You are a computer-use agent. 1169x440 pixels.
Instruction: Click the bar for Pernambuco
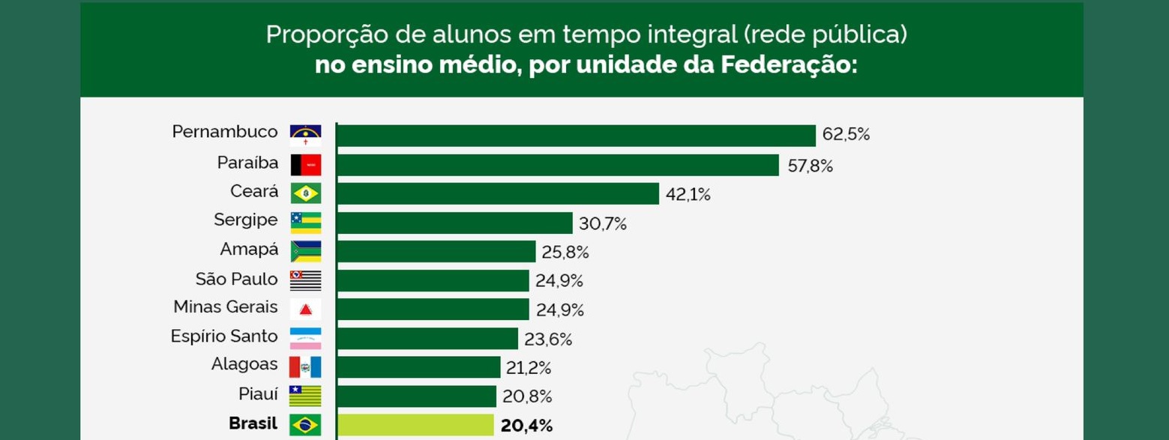tap(576, 136)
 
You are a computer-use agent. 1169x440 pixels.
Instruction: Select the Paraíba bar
tap(558, 165)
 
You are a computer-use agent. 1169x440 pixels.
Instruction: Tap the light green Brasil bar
tap(415, 425)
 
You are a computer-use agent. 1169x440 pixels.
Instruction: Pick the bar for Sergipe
tap(454, 223)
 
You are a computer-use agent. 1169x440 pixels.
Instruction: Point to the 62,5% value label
tap(846, 135)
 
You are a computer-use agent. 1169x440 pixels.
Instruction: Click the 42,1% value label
tap(688, 195)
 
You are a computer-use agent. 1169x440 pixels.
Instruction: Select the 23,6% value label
tap(548, 340)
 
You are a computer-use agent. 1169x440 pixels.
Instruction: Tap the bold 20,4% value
tap(526, 426)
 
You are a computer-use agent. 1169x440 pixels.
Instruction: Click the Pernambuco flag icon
tap(305, 135)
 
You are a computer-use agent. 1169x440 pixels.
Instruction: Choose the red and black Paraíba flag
tap(305, 165)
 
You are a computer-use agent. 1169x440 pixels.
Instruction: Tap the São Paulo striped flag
tap(305, 280)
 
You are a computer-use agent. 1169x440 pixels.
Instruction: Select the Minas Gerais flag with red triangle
tap(305, 309)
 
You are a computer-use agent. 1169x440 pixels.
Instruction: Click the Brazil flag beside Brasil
tap(305, 424)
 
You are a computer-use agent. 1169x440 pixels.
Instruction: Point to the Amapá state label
tap(249, 250)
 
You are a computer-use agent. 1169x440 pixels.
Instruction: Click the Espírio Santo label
tap(224, 337)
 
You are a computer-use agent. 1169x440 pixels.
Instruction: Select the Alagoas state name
tap(244, 364)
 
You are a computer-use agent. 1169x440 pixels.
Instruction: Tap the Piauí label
tap(258, 394)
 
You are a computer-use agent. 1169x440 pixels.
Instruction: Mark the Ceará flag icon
tap(305, 193)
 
